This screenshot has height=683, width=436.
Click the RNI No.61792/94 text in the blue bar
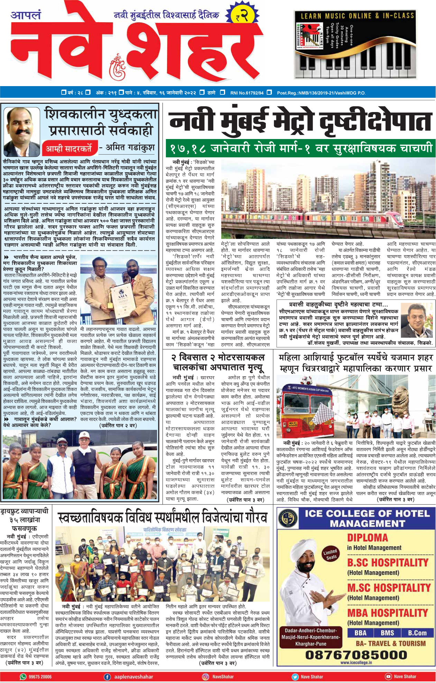247,93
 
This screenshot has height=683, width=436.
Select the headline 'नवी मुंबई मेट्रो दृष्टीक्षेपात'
300,122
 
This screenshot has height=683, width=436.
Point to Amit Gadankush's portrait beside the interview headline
21,131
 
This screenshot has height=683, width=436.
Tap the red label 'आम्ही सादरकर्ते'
69,149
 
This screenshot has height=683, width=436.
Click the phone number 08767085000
356,655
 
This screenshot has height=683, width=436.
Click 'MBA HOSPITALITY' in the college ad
387,613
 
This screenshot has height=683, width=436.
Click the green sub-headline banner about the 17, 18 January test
300,148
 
